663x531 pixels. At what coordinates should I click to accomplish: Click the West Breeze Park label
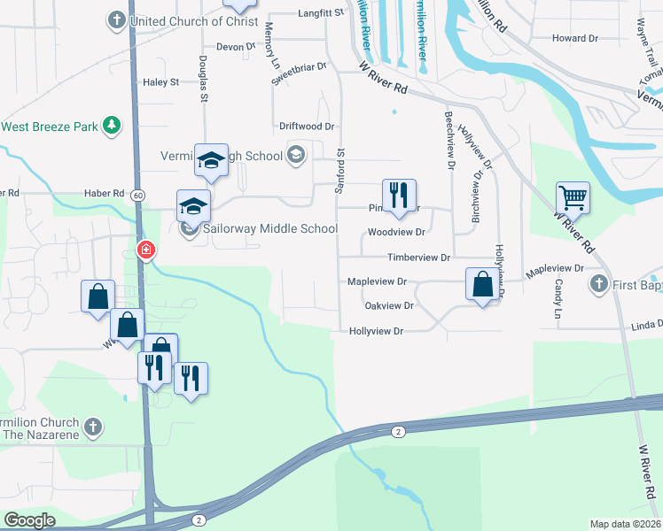coord(49,127)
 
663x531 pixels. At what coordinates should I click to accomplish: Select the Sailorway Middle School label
coord(269,229)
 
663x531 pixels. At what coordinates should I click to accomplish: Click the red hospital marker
coord(145,250)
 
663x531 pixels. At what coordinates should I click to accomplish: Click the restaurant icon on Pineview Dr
coord(400,195)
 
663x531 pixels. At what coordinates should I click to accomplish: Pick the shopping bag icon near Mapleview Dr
coord(482,285)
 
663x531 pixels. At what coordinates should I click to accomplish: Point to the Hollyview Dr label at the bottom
coord(376,331)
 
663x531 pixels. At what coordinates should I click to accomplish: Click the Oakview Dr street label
coord(389,306)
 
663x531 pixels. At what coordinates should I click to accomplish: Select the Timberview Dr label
coord(419,258)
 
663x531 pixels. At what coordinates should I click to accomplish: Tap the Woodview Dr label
coord(396,233)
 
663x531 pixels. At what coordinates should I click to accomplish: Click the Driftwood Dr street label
coord(306,127)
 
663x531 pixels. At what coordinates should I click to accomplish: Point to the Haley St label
coord(160,82)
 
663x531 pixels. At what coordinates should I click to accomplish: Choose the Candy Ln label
coord(558,300)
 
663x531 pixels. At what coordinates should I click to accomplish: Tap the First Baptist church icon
coord(599,284)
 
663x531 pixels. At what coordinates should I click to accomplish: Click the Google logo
coord(29,520)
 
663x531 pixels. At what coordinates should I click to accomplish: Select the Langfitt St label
coord(320,14)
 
